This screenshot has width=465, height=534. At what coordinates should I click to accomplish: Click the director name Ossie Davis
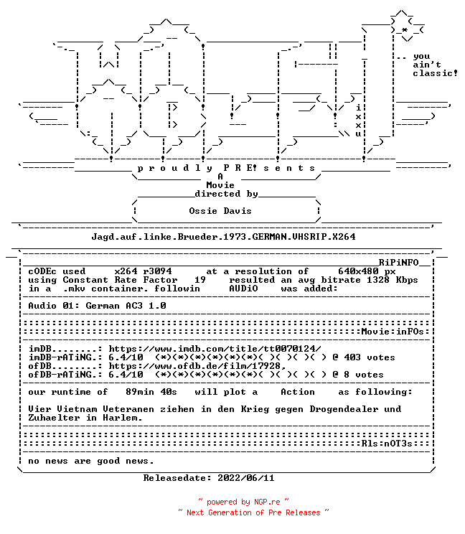coord(220,211)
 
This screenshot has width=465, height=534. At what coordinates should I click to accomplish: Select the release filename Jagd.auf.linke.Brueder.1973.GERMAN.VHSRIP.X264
coord(223,237)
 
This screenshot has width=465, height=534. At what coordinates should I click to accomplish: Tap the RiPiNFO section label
coord(398,263)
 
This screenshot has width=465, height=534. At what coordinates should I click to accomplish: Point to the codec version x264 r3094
coord(143,271)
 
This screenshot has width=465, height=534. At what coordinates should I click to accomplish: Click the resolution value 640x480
coord(358,271)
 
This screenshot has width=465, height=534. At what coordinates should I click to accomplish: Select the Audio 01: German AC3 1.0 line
coord(97,306)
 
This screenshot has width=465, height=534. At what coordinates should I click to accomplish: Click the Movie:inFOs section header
coord(393,332)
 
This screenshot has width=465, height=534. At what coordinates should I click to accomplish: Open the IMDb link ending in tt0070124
coord(215,349)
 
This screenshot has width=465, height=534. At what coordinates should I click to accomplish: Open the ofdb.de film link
coord(197,366)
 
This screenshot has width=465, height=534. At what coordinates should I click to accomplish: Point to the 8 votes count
coord(364,375)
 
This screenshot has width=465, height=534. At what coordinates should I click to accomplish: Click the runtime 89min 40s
coord(151,392)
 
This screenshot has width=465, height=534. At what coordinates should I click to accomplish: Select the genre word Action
coord(298,392)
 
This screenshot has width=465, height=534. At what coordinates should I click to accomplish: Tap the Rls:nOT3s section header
coord(387,444)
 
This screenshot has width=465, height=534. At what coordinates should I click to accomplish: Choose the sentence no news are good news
coord(91,461)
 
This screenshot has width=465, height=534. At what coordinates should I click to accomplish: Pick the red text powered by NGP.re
coord(243,502)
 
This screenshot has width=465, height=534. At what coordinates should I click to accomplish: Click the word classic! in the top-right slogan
coord(436,73)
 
